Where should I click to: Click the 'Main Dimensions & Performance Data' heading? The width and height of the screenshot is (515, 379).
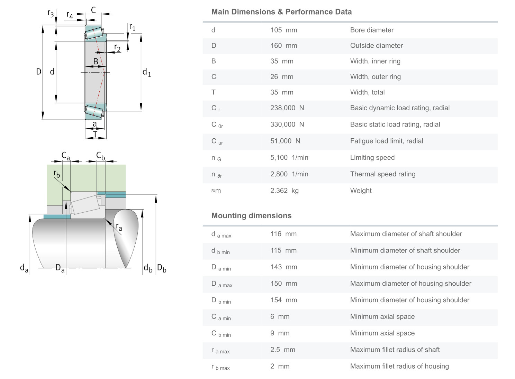click(281, 12)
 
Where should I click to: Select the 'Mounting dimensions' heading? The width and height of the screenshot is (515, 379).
click(251, 215)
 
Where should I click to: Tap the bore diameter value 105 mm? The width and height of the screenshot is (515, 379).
click(283, 30)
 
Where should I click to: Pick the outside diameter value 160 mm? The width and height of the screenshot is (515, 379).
click(283, 46)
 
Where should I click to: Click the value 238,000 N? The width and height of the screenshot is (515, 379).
click(287, 108)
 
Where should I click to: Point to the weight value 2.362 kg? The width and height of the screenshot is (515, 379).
click(284, 191)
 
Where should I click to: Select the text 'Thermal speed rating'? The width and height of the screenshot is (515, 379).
click(382, 174)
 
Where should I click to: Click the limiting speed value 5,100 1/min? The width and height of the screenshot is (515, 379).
click(289, 158)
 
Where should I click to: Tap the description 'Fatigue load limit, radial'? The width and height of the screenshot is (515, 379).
click(386, 141)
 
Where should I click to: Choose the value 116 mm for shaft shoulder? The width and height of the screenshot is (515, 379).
click(283, 234)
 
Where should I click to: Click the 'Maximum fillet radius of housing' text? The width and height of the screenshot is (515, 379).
click(399, 366)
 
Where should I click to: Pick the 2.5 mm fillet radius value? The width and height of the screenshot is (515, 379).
click(282, 350)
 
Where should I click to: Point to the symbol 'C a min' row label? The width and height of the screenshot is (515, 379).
click(221, 317)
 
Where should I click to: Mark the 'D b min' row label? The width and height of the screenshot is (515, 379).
click(221, 301)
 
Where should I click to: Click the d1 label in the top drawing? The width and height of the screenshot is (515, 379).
click(146, 72)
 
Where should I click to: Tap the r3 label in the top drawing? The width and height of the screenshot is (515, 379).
click(51, 13)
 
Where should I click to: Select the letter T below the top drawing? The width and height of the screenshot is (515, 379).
click(95, 134)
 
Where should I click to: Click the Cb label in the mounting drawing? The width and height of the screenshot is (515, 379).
click(100, 156)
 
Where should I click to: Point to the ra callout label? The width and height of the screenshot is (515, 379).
click(119, 227)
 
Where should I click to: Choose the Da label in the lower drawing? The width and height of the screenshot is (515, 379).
click(60, 268)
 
